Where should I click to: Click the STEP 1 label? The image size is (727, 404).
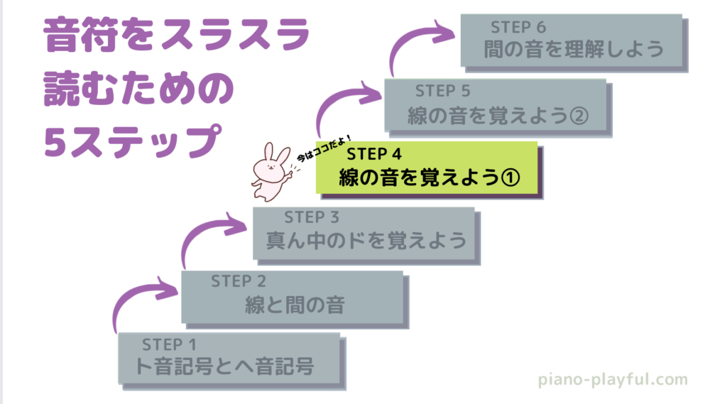169,345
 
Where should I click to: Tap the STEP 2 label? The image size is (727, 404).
239,281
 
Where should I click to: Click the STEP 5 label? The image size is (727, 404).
443,91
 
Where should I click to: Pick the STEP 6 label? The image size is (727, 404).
518,28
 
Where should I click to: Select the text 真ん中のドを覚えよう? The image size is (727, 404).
366,240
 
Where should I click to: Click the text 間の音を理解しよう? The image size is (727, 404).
573,50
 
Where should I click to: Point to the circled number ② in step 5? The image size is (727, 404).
579,114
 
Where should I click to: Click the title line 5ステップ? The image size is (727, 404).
129,138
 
